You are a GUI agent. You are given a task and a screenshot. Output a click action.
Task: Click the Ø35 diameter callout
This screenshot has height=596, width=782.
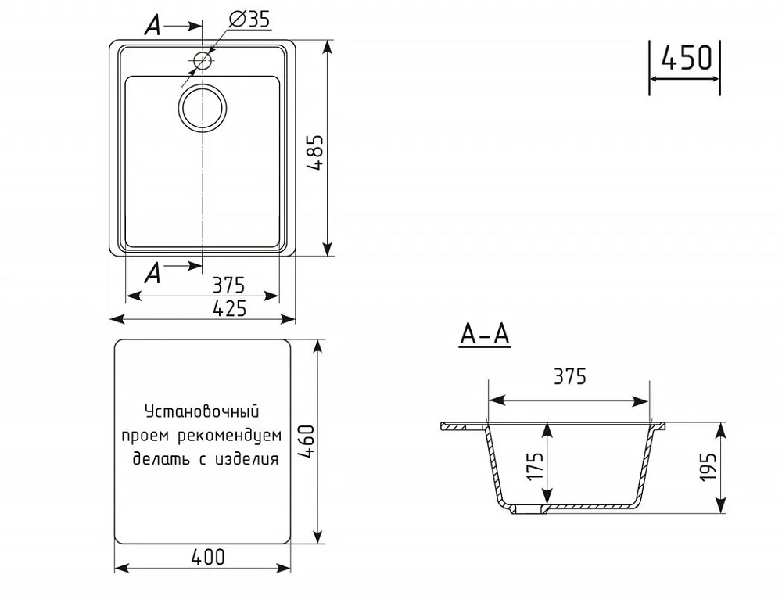[x=249, y=20]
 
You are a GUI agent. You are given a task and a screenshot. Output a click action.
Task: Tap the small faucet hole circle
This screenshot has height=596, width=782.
[x=203, y=61]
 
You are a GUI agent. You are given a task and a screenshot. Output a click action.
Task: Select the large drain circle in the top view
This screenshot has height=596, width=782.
[x=202, y=108]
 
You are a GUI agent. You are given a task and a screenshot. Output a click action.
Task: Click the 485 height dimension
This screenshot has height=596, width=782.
[x=315, y=153]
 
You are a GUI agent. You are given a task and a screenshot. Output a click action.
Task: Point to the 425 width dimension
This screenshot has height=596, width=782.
[x=229, y=309]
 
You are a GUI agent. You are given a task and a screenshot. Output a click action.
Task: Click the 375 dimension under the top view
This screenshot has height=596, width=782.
[x=229, y=285]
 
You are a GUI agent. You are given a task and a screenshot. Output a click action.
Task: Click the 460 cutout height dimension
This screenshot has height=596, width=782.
[x=307, y=442]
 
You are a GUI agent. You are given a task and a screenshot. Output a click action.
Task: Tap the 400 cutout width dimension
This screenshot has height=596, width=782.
[x=208, y=557]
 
